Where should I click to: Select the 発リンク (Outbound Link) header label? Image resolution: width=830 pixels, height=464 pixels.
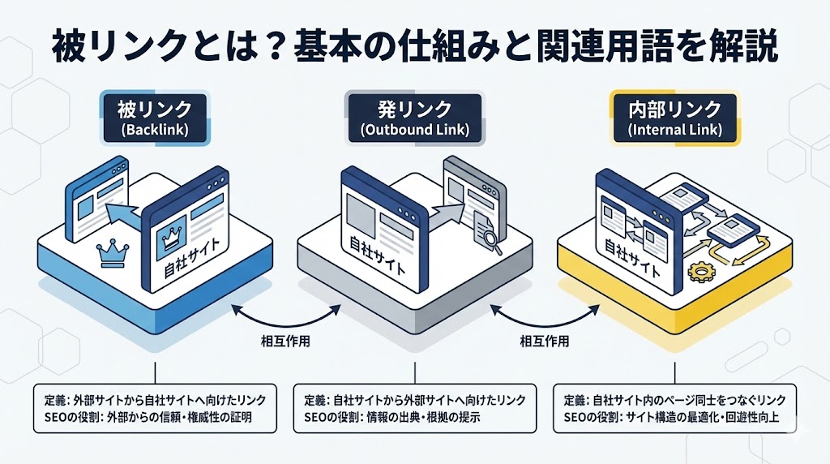[413, 118]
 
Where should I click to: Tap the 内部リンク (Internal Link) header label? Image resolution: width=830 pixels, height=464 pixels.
[674, 118]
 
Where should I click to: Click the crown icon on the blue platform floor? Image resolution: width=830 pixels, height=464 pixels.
[108, 254]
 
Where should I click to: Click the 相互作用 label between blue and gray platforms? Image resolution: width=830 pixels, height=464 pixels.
[284, 341]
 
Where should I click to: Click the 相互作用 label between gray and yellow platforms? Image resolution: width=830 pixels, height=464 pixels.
[544, 341]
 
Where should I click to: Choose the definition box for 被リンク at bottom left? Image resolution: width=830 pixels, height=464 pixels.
[157, 408]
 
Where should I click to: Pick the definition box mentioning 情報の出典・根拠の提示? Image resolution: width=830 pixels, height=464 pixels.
[414, 408]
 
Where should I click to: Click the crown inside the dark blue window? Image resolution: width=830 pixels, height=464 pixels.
[172, 236]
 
